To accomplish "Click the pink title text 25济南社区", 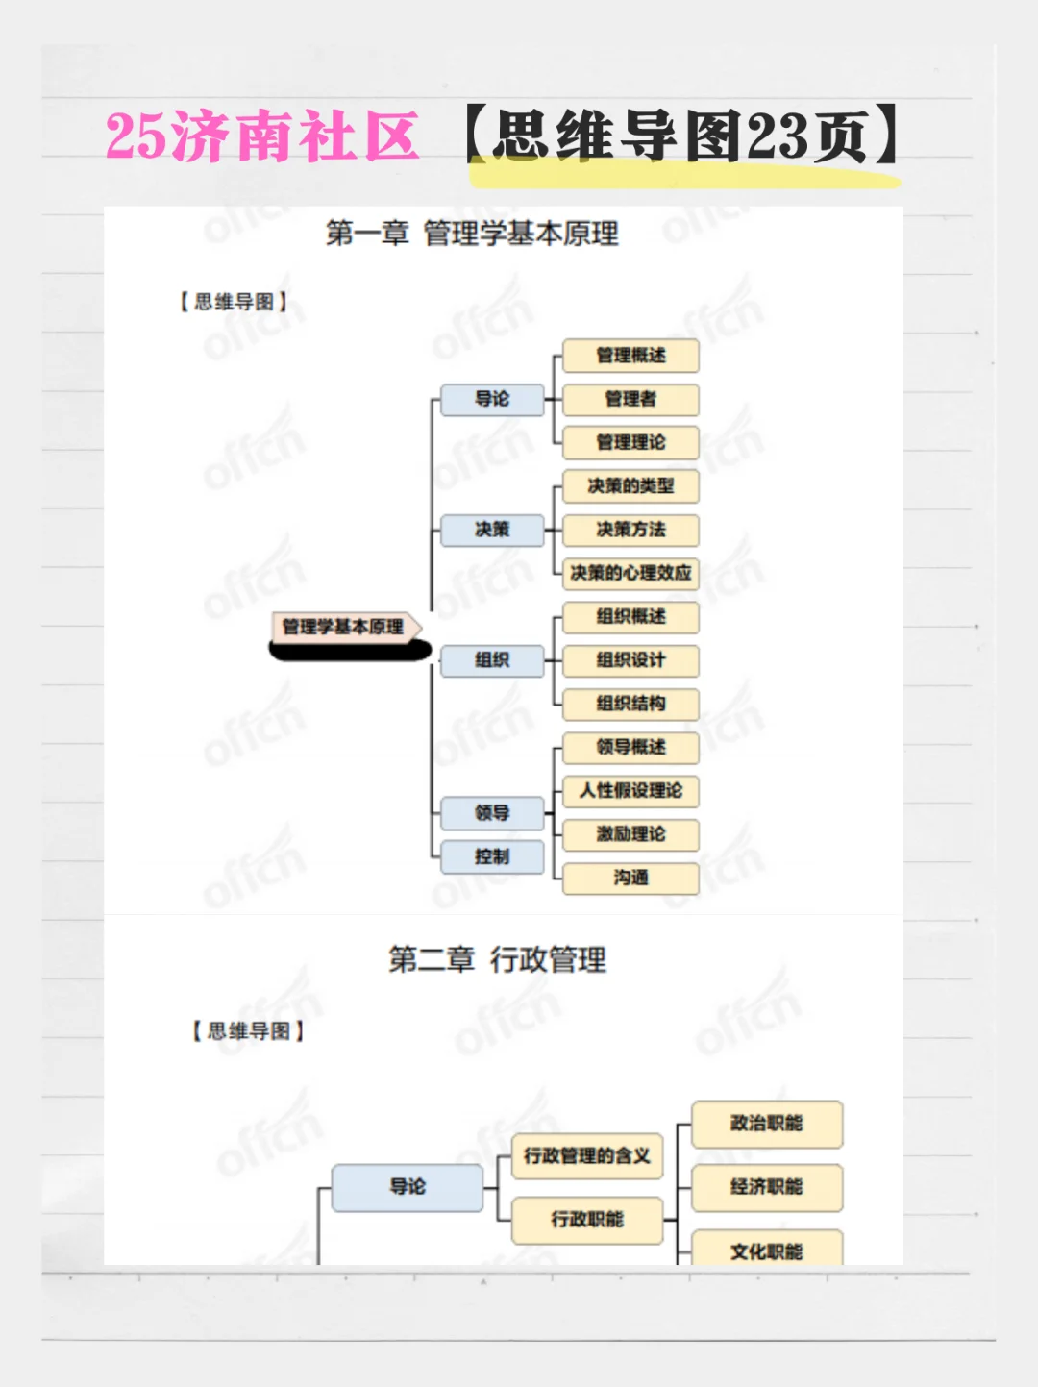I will [261, 136].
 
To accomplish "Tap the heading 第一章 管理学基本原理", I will [472, 234].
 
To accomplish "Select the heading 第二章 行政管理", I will [497, 959].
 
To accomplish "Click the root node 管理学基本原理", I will [343, 627].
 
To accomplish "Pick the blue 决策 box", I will [492, 530].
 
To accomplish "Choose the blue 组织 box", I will [492, 660].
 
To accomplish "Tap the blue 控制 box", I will [492, 856].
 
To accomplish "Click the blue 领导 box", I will [492, 813].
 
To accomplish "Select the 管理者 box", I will [630, 399].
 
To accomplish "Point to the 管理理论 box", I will [630, 442].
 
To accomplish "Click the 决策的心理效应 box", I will [630, 573].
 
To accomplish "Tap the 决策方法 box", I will [630, 530].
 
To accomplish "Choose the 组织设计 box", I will [630, 660].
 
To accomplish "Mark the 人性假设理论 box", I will [630, 791].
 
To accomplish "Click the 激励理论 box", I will [630, 834].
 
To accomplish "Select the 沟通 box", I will [630, 878].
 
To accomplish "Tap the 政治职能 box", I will [766, 1124].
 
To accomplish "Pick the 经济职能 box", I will [766, 1187].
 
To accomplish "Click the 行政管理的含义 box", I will [587, 1156].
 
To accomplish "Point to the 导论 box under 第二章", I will [408, 1187].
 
